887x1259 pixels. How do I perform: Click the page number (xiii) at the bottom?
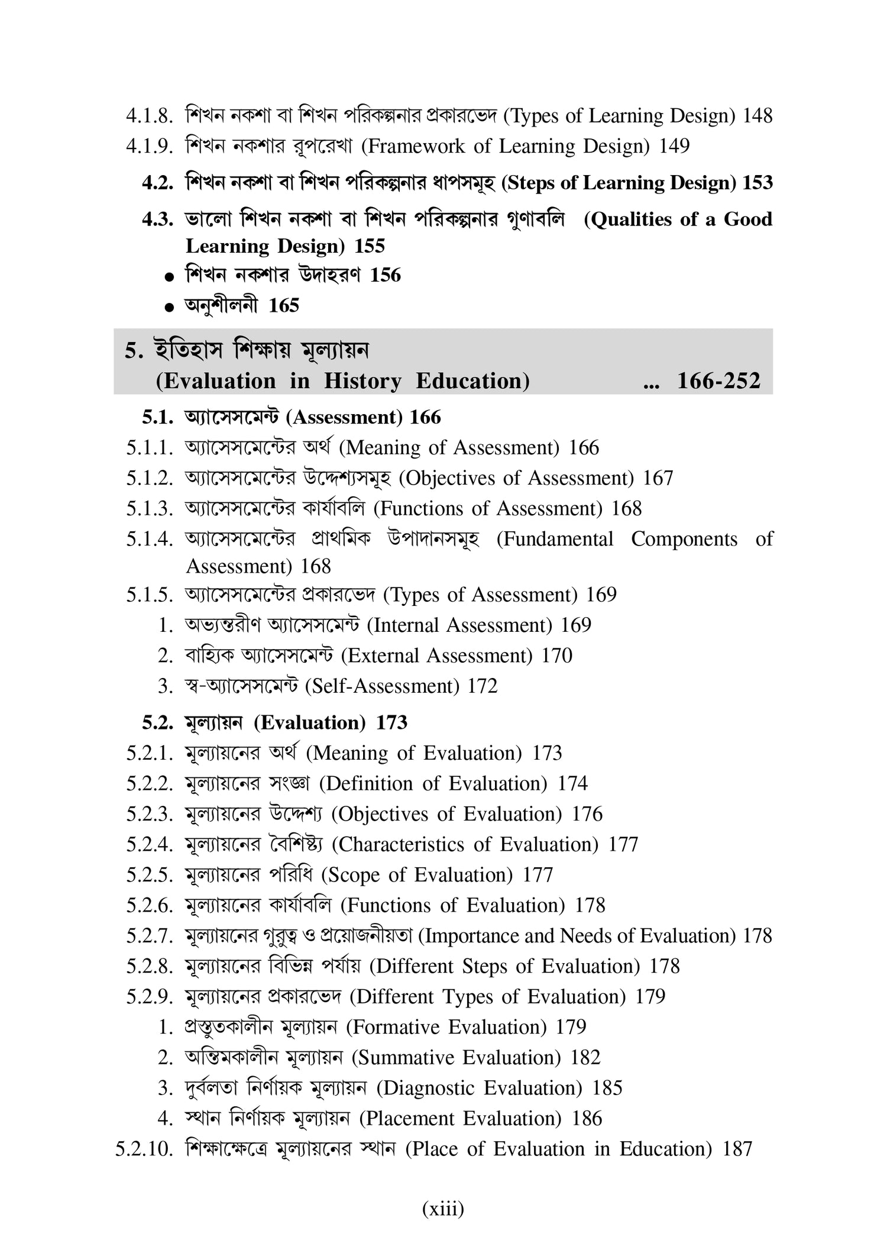[443, 1208]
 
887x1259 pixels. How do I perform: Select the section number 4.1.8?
[149, 115]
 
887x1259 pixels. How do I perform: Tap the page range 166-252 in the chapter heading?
[718, 380]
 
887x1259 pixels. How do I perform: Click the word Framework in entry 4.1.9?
[413, 146]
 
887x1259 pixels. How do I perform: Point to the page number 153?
[757, 183]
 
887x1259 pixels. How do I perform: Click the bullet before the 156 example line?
[170, 276]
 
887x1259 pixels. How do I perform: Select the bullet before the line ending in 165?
[170, 307]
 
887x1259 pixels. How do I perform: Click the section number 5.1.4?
[149, 539]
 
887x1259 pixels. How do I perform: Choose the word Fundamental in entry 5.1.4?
[555, 539]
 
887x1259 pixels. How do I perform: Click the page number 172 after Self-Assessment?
[483, 686]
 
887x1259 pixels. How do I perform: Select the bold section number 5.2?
[157, 722]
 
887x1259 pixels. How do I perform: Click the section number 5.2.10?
[144, 1149]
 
